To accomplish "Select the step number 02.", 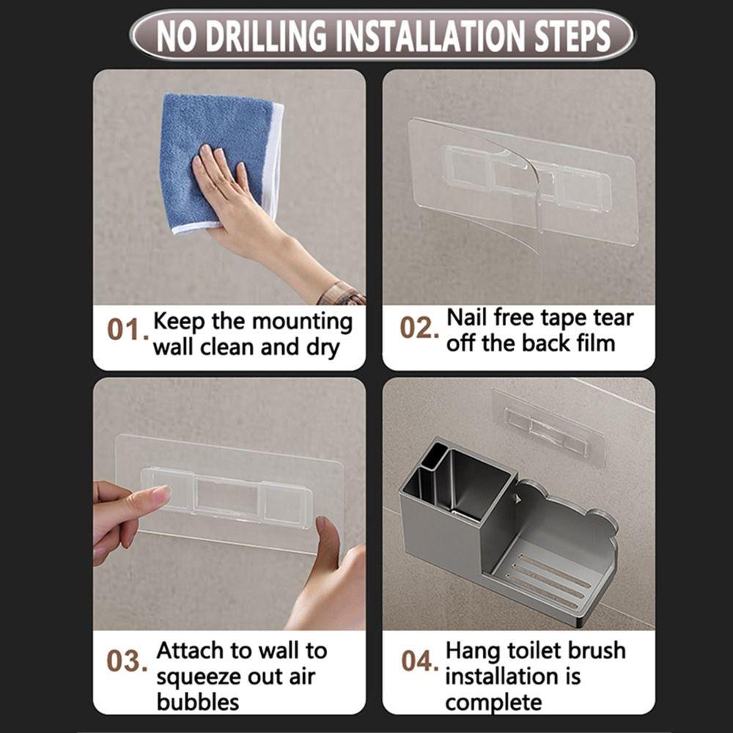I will coord(419,328).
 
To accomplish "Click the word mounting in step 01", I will coord(302,321).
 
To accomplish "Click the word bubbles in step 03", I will coord(198,701).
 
